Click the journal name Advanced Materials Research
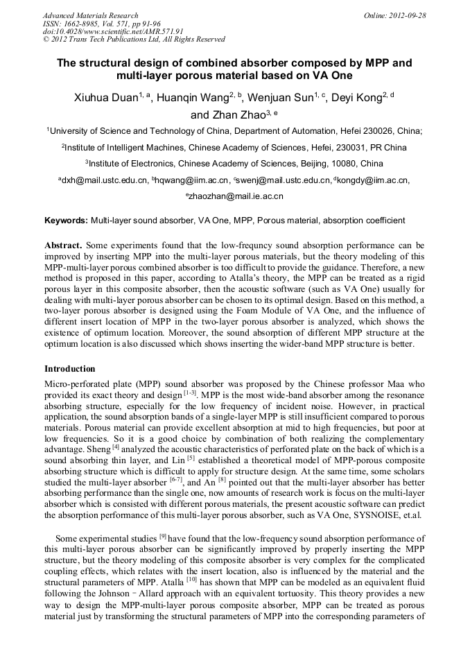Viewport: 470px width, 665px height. click(x=90, y=15)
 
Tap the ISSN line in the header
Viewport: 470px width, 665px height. click(x=101, y=23)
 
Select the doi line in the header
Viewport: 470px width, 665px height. click(x=113, y=31)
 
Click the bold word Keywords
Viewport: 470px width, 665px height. click(x=66, y=221)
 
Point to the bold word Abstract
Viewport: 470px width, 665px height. click(x=63, y=245)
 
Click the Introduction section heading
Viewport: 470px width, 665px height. click(x=70, y=369)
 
